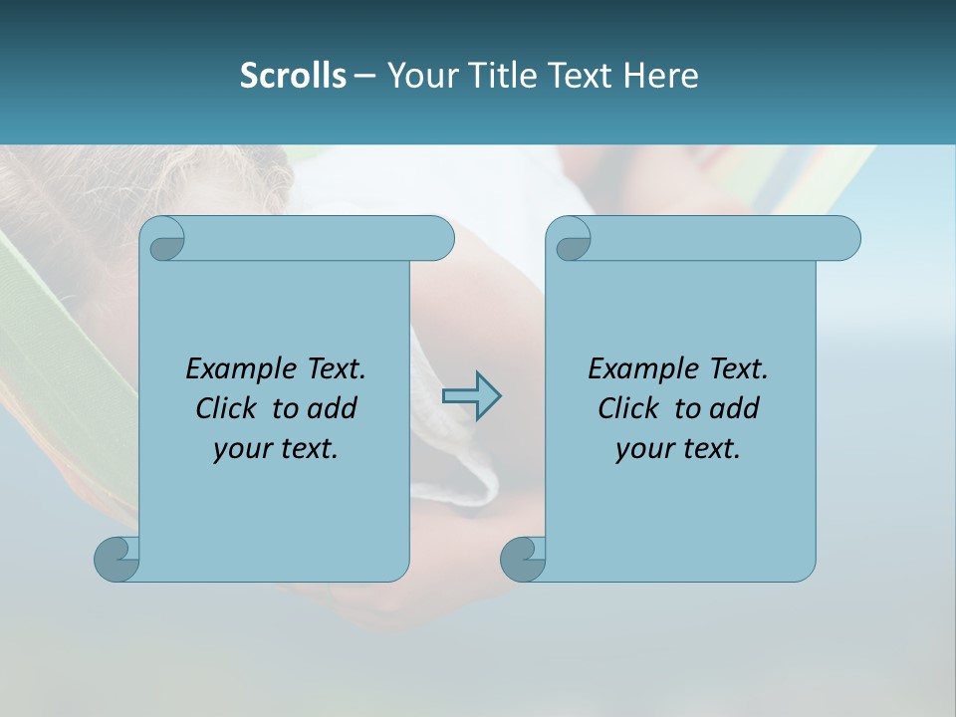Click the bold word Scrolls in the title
point(293,75)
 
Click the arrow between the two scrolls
point(471,396)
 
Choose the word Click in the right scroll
point(627,408)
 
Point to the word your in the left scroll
point(240,449)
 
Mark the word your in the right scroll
point(642,449)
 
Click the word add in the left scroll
point(333,408)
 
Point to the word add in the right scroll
point(735,408)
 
